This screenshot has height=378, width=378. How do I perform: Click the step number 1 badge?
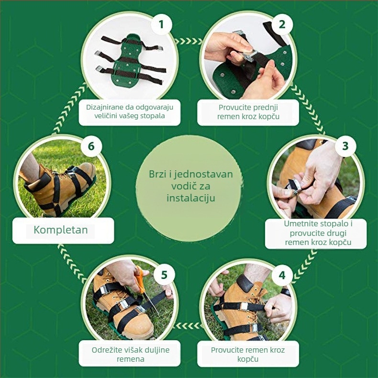pyautogui.click(x=161, y=24)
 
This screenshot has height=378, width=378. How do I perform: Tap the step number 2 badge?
pyautogui.click(x=282, y=24)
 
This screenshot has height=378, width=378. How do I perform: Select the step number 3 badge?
pyautogui.click(x=345, y=146)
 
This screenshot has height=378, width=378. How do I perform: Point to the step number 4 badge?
pyautogui.click(x=282, y=275)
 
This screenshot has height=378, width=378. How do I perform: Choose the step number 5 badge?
pyautogui.click(x=164, y=275)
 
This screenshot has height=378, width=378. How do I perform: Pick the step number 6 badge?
pyautogui.click(x=91, y=146)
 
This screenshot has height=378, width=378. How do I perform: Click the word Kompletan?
pyautogui.click(x=61, y=230)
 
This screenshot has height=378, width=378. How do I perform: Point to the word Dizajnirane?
pyautogui.click(x=106, y=107)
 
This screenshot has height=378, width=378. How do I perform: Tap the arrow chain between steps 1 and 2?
pyautogui.click(x=189, y=41)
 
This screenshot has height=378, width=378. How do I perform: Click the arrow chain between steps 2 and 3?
pyautogui.click(x=309, y=109)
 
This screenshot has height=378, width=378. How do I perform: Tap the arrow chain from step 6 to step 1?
pyautogui.click(x=69, y=108)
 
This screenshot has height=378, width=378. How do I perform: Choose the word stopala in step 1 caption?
pyautogui.click(x=153, y=116)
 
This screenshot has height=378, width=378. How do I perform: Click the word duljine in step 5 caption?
pyautogui.click(x=157, y=350)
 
